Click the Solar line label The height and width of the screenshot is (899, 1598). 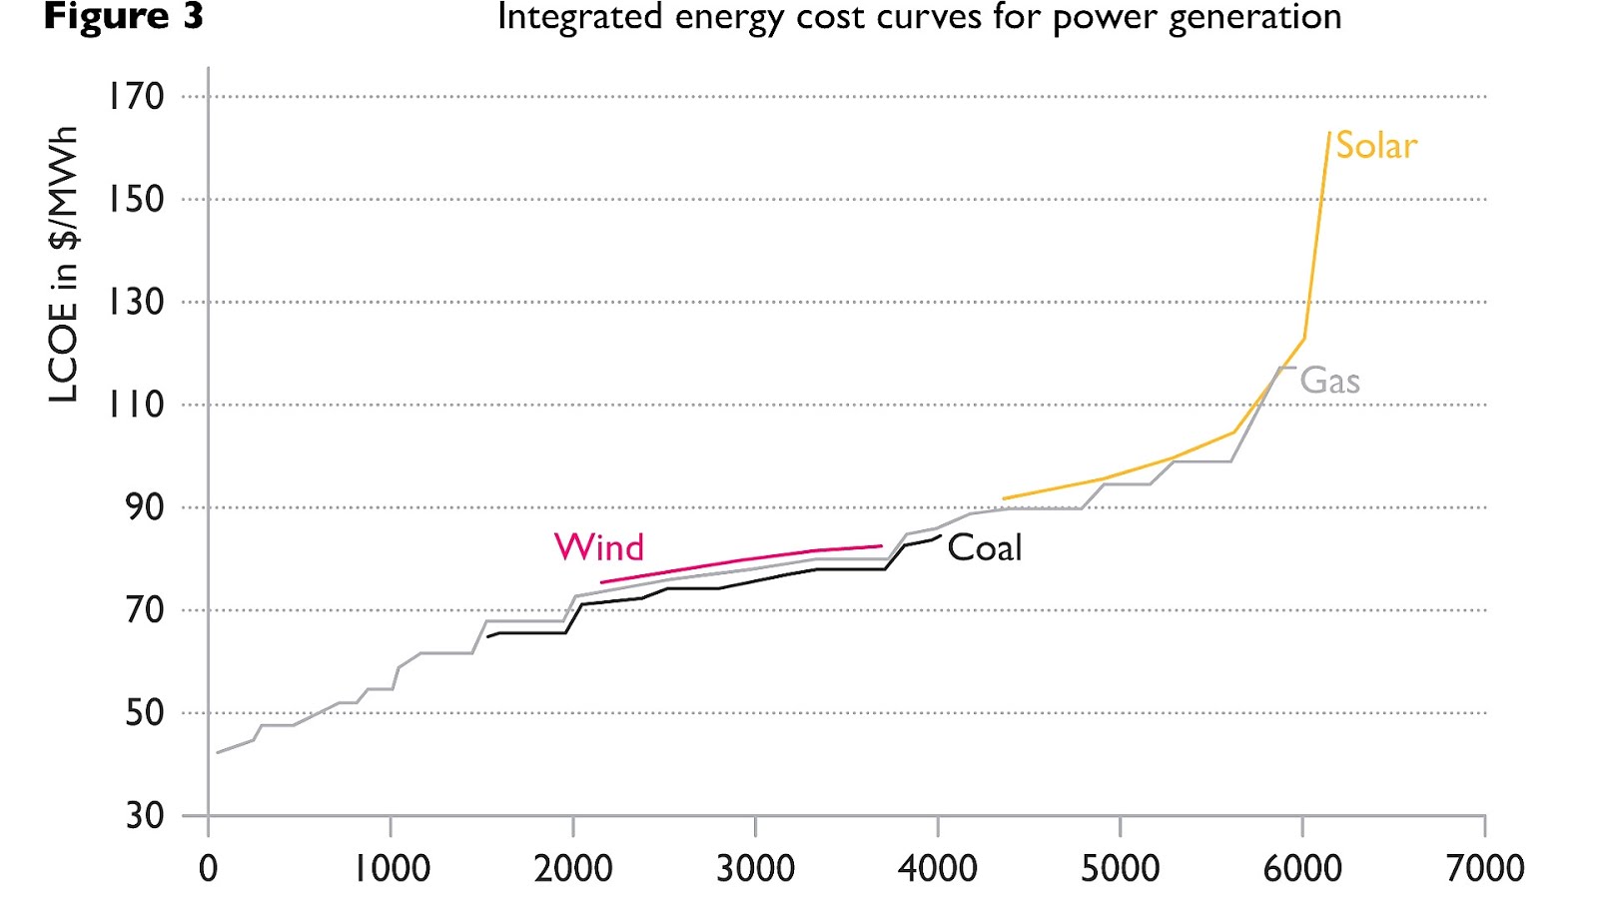1375,146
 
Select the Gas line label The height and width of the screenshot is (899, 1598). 1328,381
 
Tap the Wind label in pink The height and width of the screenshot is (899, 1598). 598,547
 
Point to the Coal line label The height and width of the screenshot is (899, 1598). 984,547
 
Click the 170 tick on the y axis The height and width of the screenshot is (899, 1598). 136,97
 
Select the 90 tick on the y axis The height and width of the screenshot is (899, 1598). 144,507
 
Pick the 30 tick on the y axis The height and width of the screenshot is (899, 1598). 144,815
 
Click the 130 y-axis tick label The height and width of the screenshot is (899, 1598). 136,302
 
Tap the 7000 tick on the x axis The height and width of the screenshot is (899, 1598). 1484,867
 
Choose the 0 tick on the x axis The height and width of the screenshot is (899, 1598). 208,867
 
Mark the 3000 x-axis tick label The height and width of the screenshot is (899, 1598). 755,867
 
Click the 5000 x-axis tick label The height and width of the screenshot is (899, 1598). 1120,867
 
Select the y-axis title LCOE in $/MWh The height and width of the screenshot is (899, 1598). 63,265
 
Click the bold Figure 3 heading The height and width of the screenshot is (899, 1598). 123,17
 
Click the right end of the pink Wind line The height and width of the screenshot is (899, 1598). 881,546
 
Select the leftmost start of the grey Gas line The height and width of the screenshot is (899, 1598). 218,752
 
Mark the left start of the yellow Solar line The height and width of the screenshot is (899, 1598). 1004,497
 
